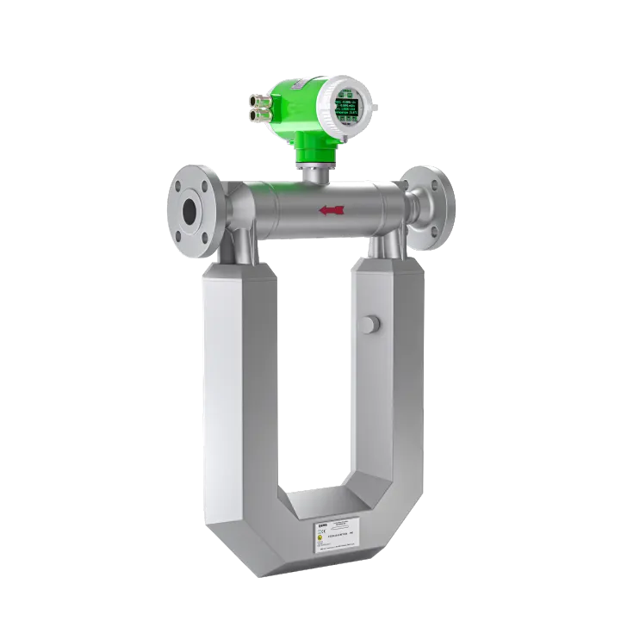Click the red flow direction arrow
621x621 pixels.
tap(332, 209)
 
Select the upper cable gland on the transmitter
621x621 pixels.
tap(257, 97)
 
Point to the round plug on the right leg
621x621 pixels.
tap(370, 324)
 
